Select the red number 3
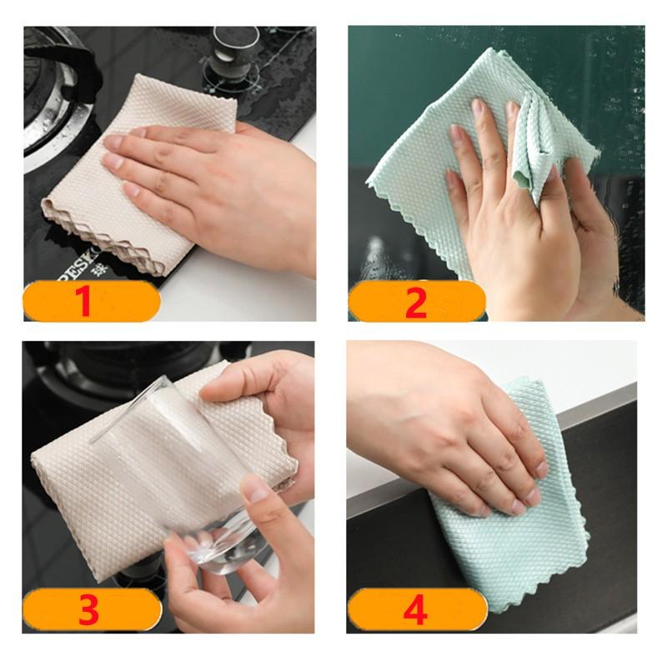pyautogui.click(x=88, y=610)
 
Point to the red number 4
pyautogui.click(x=414, y=610)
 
